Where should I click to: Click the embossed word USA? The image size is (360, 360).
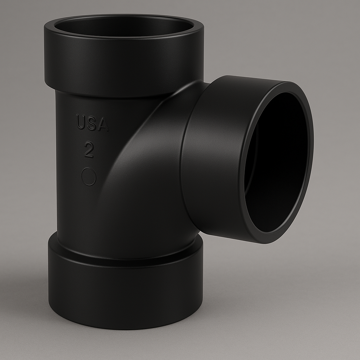(92, 123)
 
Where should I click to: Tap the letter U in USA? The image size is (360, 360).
(81, 122)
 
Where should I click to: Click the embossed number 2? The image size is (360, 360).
(89, 150)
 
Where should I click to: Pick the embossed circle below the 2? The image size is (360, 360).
(89, 176)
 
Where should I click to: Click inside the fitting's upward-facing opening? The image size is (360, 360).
(123, 26)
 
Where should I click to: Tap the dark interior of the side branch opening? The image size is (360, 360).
(278, 165)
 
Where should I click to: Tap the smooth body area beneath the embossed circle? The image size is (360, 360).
(84, 211)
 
